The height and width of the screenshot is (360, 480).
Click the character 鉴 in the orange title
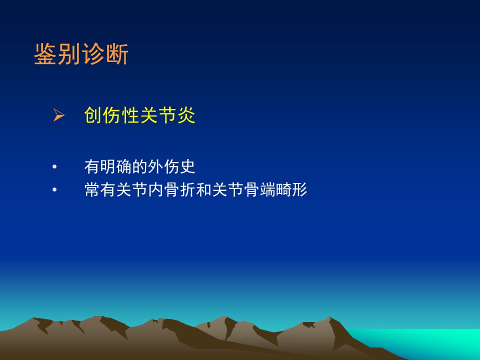tap(45, 54)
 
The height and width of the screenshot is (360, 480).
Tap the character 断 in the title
tap(117, 54)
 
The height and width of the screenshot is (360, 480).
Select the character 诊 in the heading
tap(93, 54)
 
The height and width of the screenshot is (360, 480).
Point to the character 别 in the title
tap(69, 54)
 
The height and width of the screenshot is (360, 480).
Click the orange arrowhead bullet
tap(58, 115)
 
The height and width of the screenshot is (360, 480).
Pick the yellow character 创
tap(93, 115)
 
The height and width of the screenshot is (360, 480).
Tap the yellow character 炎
tap(186, 115)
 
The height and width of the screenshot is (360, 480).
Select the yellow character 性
tap(130, 115)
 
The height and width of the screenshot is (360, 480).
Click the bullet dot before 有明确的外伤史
tap(54, 167)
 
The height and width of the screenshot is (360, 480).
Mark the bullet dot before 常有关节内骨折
tap(54, 190)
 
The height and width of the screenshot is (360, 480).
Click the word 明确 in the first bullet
tap(115, 167)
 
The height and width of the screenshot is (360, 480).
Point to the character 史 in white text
tap(187, 167)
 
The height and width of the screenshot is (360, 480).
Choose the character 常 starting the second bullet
tap(92, 190)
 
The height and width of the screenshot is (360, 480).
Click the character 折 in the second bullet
tap(187, 190)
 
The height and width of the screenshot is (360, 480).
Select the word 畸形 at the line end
tap(291, 190)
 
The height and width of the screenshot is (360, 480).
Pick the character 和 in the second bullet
tap(203, 190)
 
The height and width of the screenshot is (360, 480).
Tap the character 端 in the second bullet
tap(267, 190)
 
